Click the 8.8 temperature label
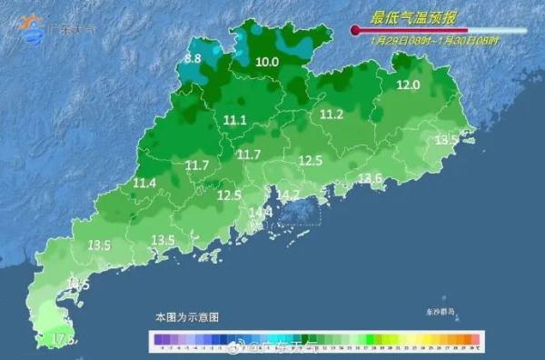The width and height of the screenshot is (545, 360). pos(193,58)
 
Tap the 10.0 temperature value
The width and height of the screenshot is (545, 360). pos(266,62)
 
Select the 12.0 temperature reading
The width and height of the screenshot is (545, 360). pos(409,85)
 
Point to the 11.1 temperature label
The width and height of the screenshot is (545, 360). pos(235,119)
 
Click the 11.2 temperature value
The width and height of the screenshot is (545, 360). pos(331,114)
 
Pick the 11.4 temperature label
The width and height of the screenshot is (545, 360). pos(144,183)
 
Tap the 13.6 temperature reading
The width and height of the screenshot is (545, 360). pos(370,177)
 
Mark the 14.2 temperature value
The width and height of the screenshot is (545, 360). pos(288,195)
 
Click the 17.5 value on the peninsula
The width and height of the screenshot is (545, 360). pos(63,339)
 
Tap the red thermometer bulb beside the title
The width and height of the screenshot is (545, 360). pos(354,31)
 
